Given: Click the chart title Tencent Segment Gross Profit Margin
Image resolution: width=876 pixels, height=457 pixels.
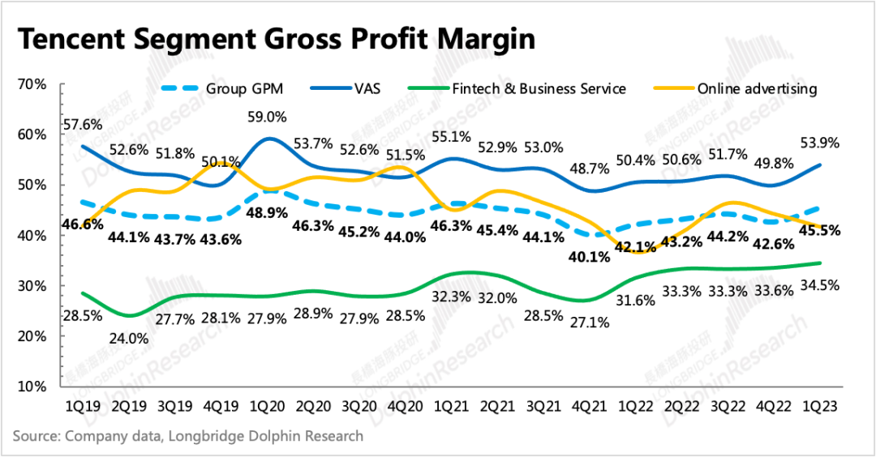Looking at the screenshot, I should pos(277,38).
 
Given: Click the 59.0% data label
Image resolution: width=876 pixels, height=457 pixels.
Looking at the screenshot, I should pos(268,117).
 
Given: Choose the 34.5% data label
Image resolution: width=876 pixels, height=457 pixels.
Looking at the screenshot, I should pos(819,285).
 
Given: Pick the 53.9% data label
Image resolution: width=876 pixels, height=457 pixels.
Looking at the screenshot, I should pos(819,143).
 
